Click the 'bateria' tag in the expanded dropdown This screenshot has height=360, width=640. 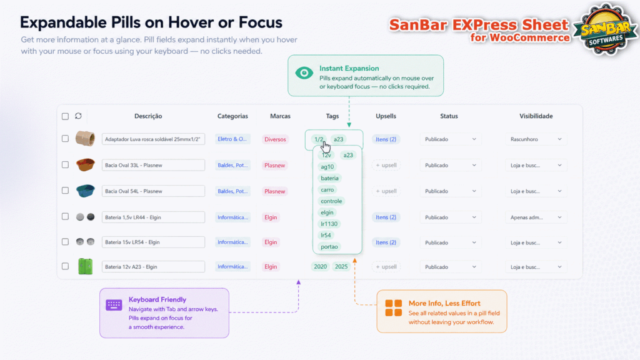329,178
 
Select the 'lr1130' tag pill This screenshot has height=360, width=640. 329,224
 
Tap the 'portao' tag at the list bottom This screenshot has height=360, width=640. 329,246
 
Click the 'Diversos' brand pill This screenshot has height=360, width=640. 275,139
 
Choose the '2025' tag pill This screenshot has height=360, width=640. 341,266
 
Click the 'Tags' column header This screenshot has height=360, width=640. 332,116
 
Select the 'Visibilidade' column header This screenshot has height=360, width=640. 536,116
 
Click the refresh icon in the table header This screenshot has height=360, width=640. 78,116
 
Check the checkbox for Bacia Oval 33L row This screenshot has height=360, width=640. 65,165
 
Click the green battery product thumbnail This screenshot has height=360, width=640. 85,266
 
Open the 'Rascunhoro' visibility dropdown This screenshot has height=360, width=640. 536,139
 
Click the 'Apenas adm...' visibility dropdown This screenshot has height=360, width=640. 536,217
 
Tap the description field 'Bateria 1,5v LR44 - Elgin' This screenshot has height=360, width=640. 153,217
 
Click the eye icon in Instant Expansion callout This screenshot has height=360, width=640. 304,73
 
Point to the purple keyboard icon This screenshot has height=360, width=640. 114,305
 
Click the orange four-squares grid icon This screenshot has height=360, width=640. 394,308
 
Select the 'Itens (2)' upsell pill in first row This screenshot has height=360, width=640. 386,139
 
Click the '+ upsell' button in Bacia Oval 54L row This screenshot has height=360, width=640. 386,191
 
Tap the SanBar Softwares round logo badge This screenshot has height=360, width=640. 606,29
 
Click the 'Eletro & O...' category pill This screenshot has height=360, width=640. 232,139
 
